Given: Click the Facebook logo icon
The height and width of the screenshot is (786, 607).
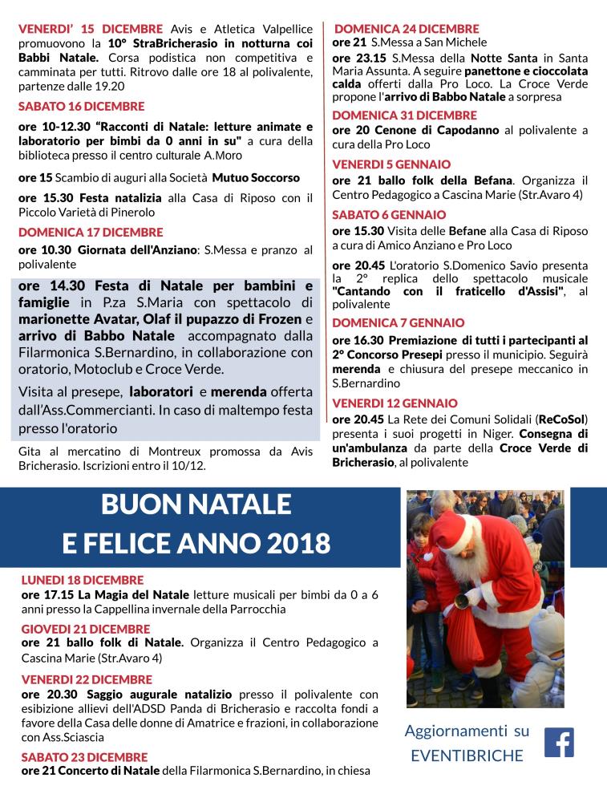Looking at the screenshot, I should [x=559, y=742].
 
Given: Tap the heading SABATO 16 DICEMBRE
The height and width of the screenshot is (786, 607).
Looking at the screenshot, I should [x=82, y=107].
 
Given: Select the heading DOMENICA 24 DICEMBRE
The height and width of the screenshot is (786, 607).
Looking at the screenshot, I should [x=406, y=29].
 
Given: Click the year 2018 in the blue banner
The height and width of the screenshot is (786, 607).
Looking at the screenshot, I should [x=294, y=543].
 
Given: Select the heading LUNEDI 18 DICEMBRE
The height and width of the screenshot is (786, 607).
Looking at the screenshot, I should [x=83, y=580].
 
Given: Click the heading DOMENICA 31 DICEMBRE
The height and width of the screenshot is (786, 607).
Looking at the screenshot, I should [x=404, y=115].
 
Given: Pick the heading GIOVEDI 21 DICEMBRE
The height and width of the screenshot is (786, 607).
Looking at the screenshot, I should [x=86, y=629].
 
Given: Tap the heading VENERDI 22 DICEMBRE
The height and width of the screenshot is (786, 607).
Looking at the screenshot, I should [x=87, y=679].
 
